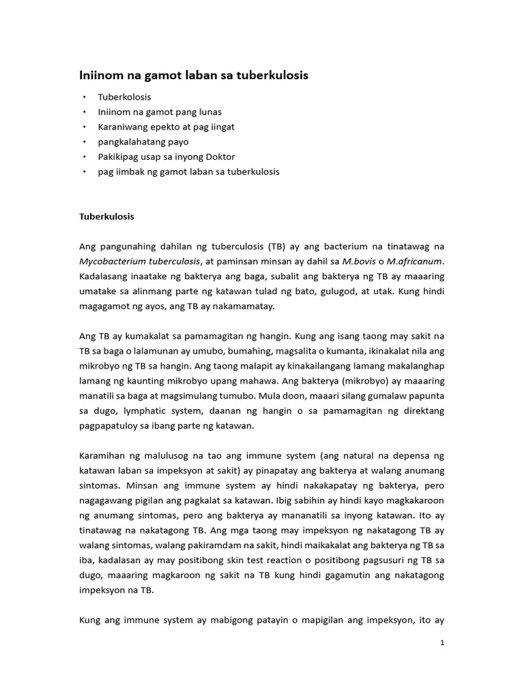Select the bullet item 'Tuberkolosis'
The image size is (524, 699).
[x=124, y=97]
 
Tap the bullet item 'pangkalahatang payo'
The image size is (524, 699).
[x=143, y=142]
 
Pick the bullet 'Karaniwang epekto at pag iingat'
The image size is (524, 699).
[x=166, y=127]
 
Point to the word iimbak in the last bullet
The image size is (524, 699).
[x=128, y=172]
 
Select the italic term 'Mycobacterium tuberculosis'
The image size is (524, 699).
[x=139, y=261]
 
